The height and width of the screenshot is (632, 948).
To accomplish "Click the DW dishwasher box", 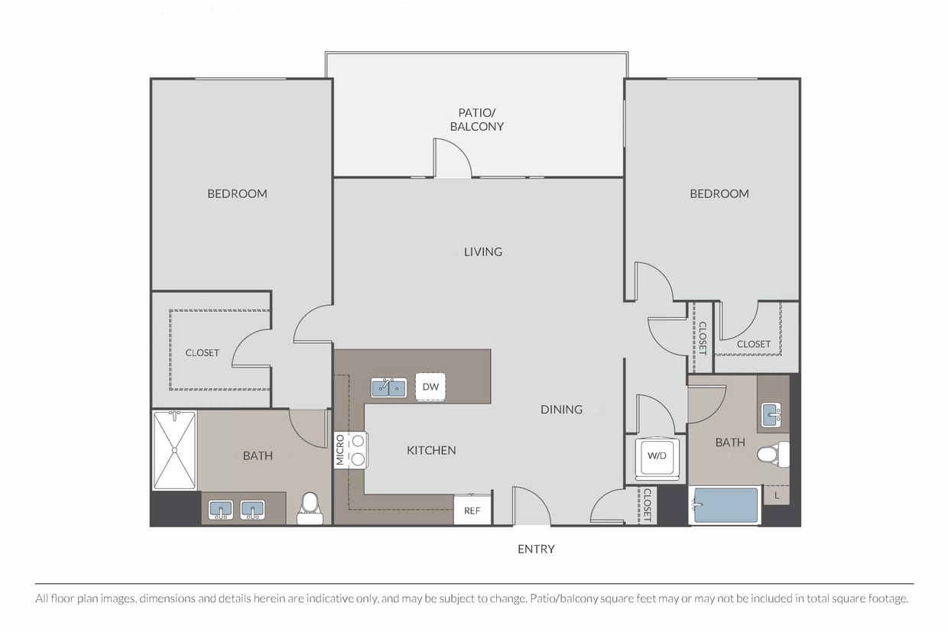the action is tap(430, 386).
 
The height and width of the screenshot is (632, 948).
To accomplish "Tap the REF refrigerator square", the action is tap(472, 510).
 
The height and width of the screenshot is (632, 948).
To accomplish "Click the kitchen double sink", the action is tap(389, 388).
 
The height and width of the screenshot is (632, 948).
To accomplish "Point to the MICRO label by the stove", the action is tap(340, 449).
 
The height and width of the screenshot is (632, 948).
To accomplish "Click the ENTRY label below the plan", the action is tap(536, 549).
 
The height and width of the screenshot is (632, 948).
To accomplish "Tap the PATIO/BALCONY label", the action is tap(477, 120).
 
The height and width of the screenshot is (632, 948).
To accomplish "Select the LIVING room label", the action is tap(483, 251).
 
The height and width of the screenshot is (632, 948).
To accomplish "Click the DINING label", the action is tap(561, 409).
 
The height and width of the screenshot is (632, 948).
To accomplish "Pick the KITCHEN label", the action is tap(431, 450).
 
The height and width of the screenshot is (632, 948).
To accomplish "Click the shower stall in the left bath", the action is tap(174, 450).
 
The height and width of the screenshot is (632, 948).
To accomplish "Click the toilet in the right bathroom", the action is tap(773, 455).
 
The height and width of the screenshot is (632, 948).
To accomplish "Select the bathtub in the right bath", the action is tap(725, 505).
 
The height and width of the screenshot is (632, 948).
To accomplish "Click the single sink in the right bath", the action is tap(771, 414).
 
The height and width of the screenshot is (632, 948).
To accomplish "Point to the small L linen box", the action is tap(777, 495).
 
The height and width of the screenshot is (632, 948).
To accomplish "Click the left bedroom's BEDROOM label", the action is tap(237, 194).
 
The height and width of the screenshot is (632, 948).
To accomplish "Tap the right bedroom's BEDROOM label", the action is tap(719, 194).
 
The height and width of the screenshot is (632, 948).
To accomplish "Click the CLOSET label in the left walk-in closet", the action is tap(203, 353).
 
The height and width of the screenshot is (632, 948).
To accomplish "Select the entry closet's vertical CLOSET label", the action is tap(647, 504).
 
